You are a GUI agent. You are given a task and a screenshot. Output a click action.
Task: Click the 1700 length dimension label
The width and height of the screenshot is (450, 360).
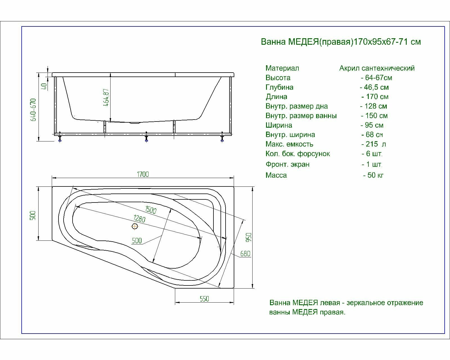[x=143, y=174]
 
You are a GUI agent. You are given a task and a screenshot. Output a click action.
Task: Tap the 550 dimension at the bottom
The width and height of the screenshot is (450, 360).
[x=204, y=299]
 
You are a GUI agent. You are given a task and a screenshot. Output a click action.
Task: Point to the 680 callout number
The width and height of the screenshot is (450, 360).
[x=245, y=254]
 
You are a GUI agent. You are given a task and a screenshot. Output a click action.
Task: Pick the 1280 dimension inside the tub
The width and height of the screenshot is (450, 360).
[x=139, y=219]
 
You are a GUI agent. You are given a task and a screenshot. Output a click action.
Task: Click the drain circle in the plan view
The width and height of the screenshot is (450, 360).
[x=135, y=226]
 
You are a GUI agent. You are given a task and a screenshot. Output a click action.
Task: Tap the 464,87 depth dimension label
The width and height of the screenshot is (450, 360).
[x=106, y=97]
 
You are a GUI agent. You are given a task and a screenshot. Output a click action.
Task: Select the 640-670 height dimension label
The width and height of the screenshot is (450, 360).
[x=34, y=110]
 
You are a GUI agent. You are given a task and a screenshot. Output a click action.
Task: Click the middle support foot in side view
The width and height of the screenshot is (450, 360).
[x=146, y=138]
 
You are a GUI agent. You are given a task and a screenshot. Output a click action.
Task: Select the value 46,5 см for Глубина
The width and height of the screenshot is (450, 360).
[x=374, y=87]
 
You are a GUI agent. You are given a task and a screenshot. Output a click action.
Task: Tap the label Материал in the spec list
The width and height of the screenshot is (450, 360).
[x=282, y=68]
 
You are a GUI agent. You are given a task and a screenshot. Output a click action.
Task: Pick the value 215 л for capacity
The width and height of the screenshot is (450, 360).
[x=373, y=144]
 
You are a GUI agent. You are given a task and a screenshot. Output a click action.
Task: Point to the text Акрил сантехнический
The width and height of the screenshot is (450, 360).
[x=377, y=68]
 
